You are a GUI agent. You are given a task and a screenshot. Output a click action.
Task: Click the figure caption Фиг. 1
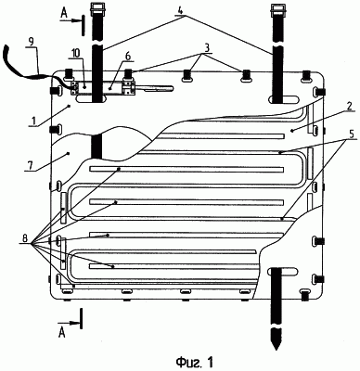(x=194, y=362)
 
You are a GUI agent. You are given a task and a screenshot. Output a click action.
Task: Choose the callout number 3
(x=208, y=48)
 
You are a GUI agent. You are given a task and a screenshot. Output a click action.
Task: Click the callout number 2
(x=349, y=106)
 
